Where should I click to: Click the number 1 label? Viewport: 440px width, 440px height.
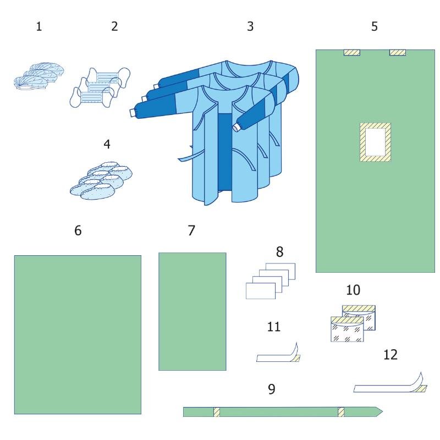(x=39, y=26)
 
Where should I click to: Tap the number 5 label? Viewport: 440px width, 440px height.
(x=375, y=26)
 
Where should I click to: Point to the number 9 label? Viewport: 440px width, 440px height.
(x=271, y=389)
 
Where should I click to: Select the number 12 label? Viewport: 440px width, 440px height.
(x=391, y=355)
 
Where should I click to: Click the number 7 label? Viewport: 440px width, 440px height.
(x=191, y=230)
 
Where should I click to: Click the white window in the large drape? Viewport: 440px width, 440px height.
(x=375, y=142)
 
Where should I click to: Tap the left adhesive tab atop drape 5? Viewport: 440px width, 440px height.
(x=352, y=52)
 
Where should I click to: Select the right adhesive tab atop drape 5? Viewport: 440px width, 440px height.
(x=398, y=52)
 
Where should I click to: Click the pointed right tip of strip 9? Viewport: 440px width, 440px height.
(x=382, y=411)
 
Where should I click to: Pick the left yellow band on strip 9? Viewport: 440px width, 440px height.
(x=216, y=412)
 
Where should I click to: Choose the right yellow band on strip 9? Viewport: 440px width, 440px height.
(x=341, y=412)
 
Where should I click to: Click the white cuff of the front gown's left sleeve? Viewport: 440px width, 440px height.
(x=133, y=113)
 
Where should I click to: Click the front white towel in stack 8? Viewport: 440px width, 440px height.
(x=261, y=291)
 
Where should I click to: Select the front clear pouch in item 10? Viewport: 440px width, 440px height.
(x=347, y=329)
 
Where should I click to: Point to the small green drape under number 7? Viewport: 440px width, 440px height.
(x=193, y=311)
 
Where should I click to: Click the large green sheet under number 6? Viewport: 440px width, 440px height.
(x=78, y=334)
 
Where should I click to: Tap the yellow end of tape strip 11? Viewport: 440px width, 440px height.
(x=296, y=358)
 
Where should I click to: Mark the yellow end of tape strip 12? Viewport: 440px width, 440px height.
(x=422, y=389)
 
